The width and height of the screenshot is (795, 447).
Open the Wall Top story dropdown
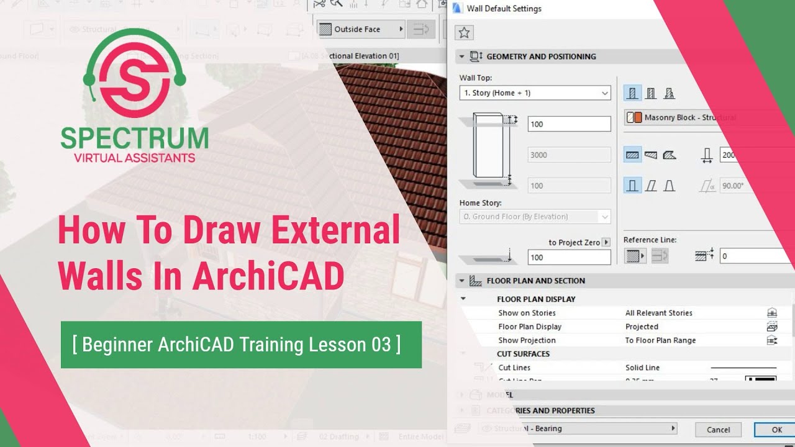pos(535,93)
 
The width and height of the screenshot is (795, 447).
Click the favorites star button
pos(464,33)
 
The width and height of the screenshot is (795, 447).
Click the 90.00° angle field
pos(736,186)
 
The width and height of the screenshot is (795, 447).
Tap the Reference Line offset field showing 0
pos(755,256)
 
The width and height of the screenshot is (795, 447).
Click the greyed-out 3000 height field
pos(569,155)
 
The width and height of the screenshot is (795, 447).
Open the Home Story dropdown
pos(535,217)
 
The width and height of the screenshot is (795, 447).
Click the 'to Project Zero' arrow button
pos(606,242)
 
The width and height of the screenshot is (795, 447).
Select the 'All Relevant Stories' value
pos(658,313)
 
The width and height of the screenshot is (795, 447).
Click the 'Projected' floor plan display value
pos(642,327)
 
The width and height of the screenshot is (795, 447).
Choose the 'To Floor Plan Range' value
pos(660,340)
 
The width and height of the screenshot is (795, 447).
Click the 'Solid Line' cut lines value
pos(642,368)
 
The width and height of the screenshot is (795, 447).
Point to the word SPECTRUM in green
pos(134,138)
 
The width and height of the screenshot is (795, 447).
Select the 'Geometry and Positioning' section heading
pos(541,56)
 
